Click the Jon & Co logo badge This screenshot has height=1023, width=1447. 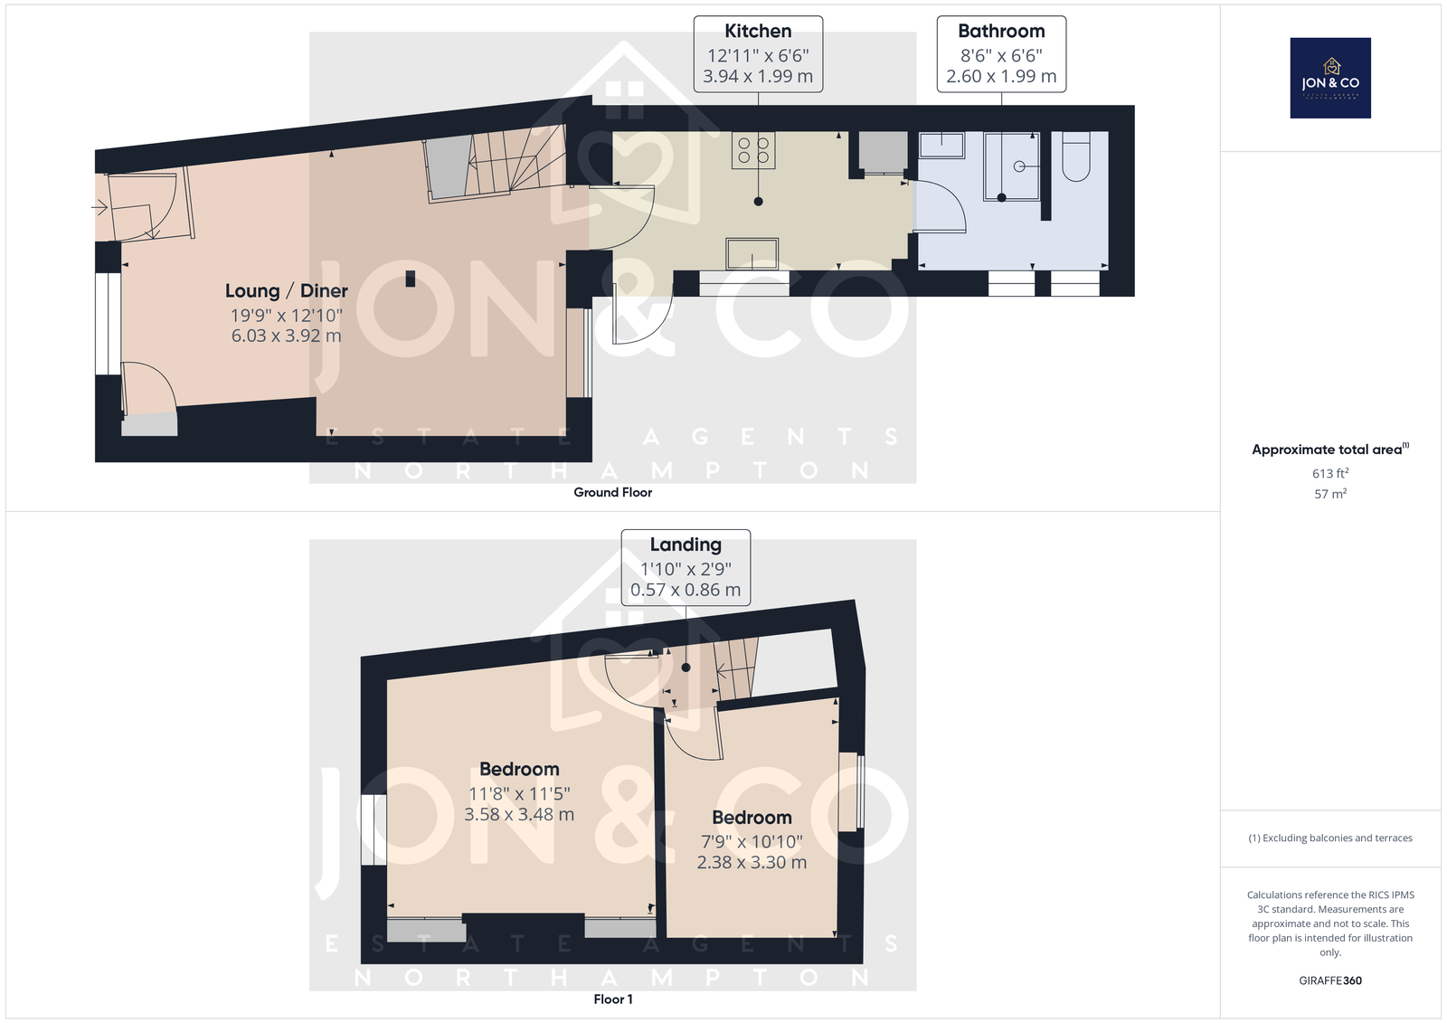(1330, 78)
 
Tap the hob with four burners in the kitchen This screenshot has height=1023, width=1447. (753, 150)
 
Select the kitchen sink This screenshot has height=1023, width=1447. (752, 253)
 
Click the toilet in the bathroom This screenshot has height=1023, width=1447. (1076, 156)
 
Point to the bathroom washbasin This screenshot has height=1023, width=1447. (941, 145)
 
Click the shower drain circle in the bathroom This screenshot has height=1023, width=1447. (1019, 166)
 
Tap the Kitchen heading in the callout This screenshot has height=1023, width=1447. (758, 31)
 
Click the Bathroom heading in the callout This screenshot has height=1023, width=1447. (1001, 31)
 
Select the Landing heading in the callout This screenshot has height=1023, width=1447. (686, 545)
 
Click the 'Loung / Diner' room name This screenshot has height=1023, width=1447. (286, 291)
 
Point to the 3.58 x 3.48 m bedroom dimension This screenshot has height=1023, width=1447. (519, 814)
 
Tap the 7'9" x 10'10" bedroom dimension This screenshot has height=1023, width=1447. (752, 842)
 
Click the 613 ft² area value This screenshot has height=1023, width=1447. (1330, 473)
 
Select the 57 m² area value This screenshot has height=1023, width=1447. (1330, 494)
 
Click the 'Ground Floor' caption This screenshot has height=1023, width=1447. (612, 492)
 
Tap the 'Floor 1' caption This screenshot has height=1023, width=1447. (613, 999)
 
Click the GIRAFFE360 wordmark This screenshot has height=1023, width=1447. (1330, 980)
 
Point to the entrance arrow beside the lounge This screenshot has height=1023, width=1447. (99, 207)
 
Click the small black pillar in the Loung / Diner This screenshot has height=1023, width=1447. (411, 279)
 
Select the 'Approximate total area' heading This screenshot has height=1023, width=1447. (1330, 450)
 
